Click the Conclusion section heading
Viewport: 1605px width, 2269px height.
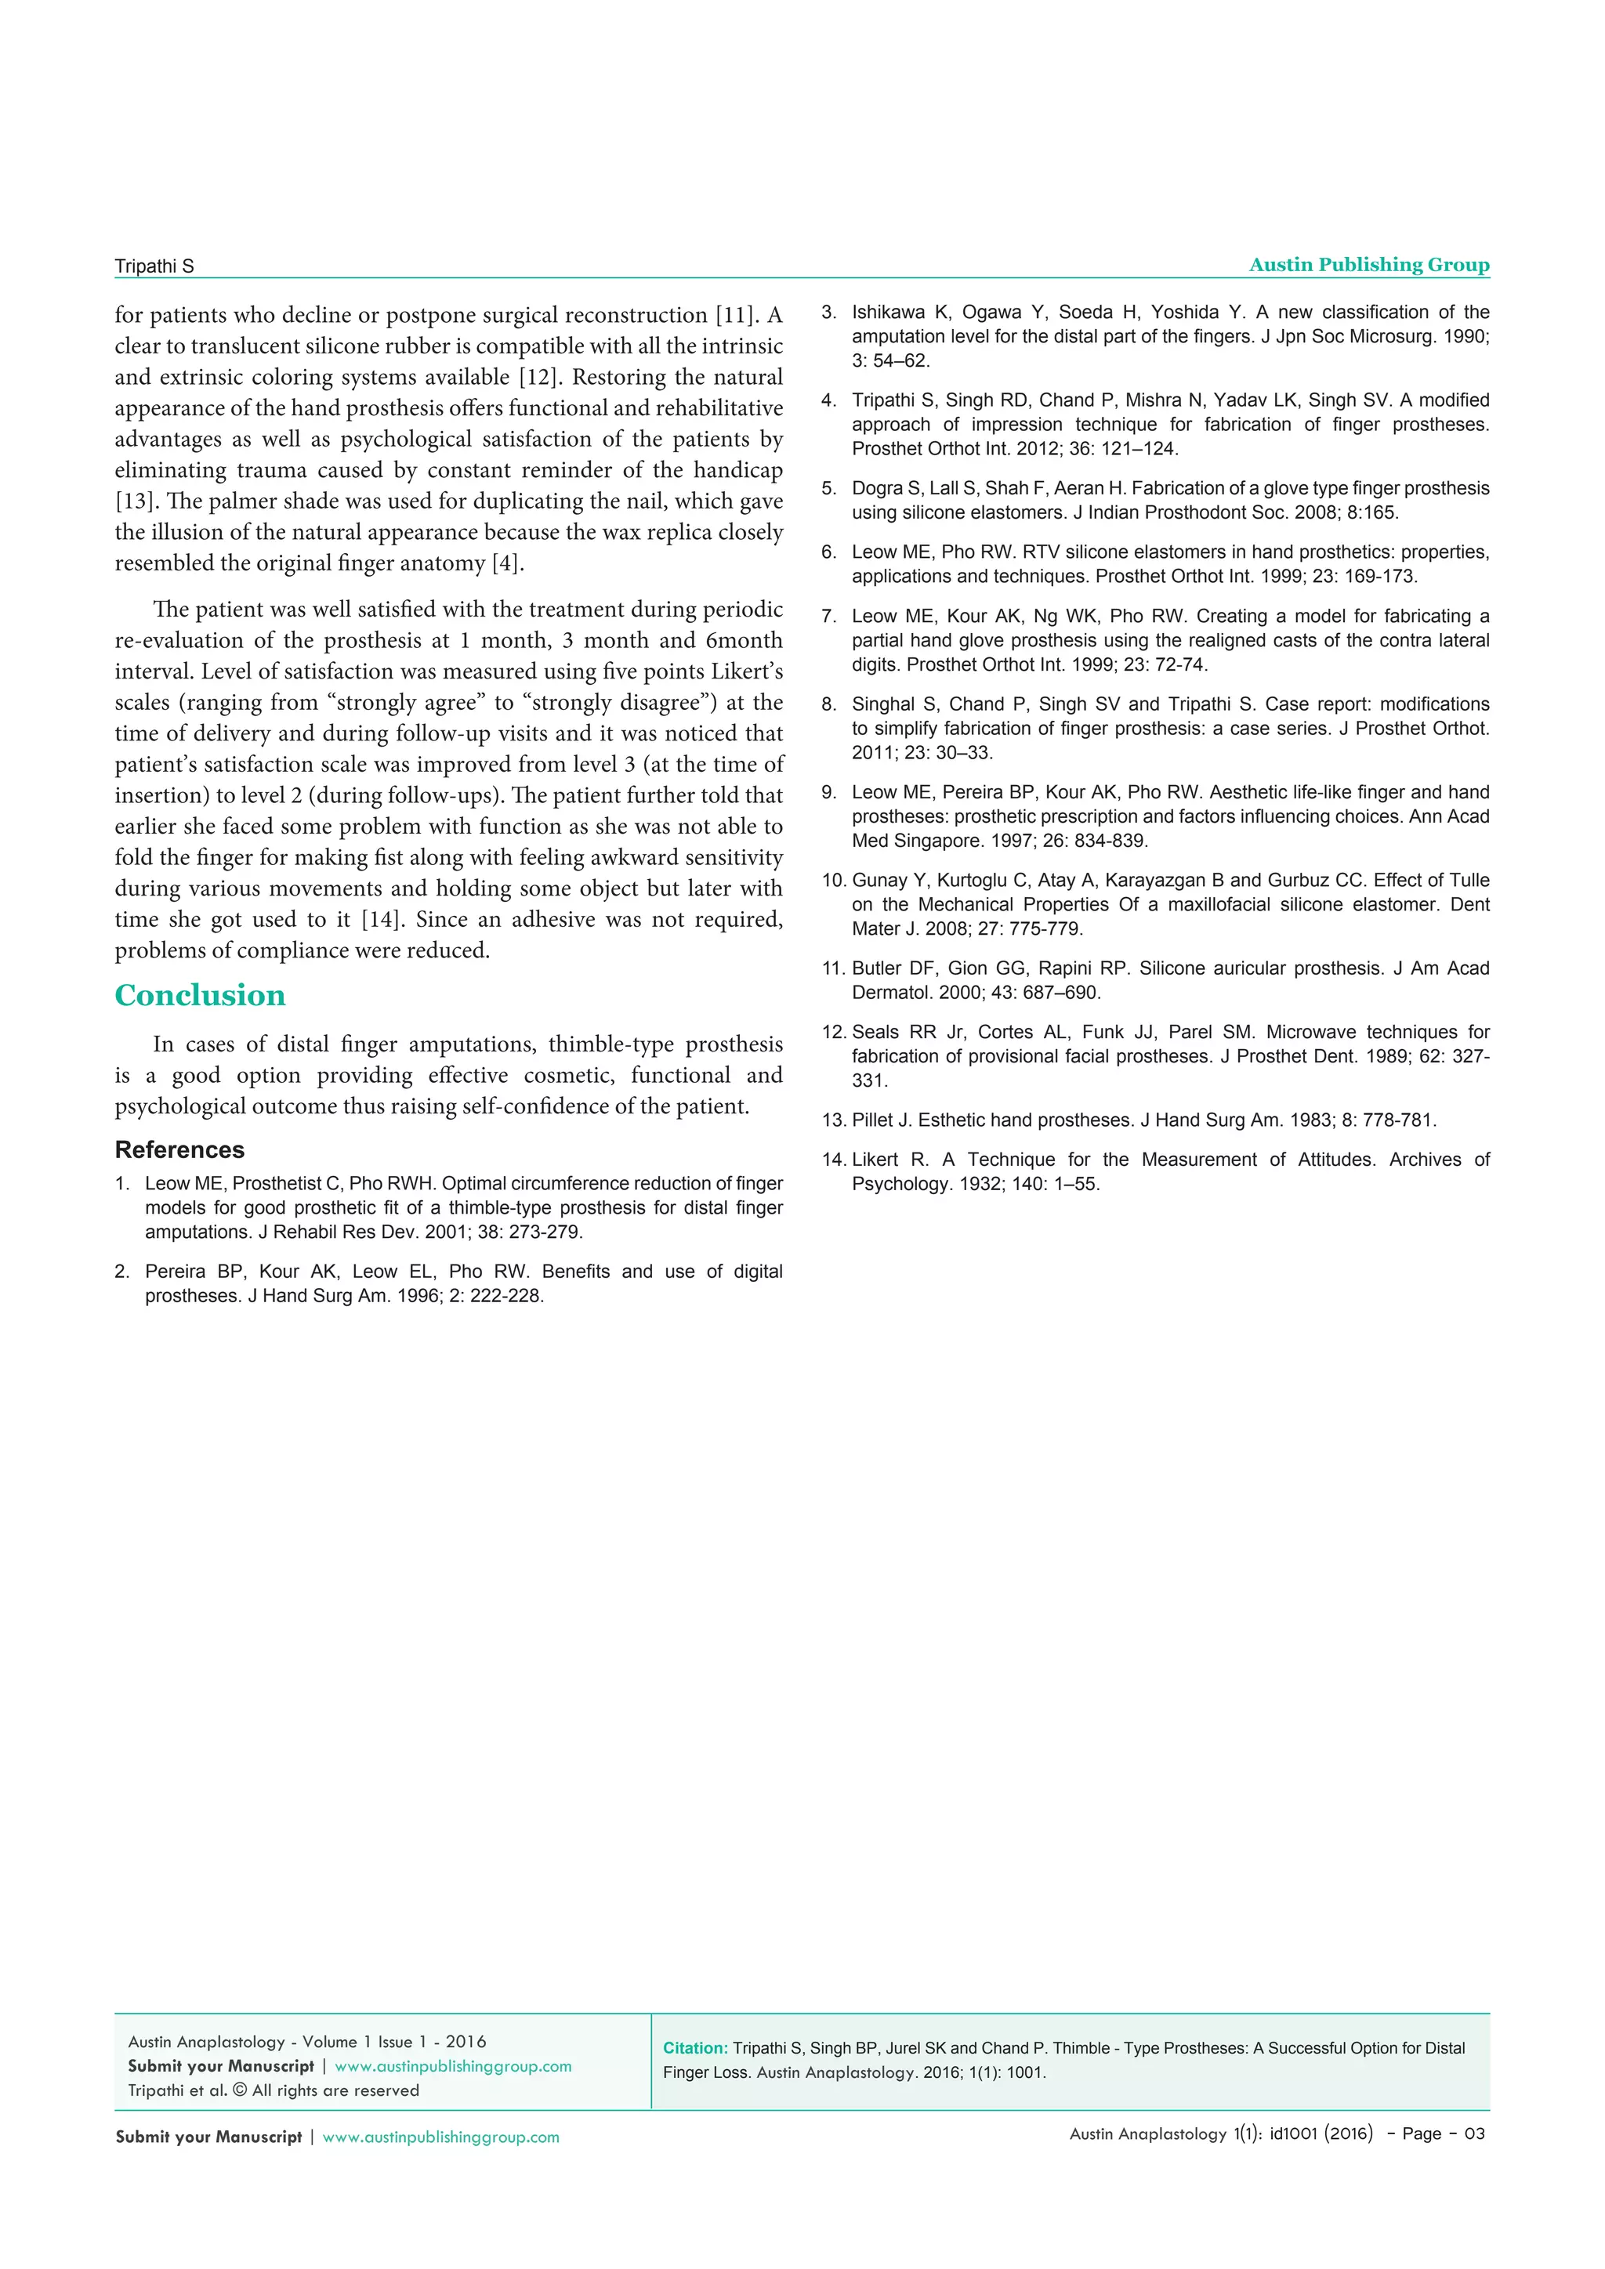[200, 995]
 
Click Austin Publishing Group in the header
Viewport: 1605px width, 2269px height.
[1369, 265]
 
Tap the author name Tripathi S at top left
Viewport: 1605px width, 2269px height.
[154, 266]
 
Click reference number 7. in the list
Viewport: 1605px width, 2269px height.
[829, 617]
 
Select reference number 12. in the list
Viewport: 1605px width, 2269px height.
[833, 1033]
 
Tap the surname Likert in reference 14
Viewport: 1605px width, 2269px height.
[875, 1160]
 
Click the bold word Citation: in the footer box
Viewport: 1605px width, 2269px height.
[695, 2049]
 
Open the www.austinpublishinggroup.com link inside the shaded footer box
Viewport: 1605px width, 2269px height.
[453, 2066]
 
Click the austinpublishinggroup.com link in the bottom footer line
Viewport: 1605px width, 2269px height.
[440, 2137]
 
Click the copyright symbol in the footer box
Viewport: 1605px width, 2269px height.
[239, 2090]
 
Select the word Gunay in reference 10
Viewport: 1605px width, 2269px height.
[879, 881]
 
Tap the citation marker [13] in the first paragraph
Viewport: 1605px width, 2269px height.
[135, 501]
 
